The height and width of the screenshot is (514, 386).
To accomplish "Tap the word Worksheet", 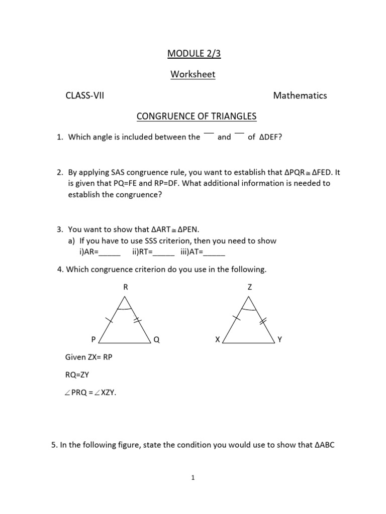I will pos(193,74).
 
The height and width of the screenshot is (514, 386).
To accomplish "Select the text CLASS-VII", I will pos(84,95).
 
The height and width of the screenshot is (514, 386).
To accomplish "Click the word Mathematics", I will pos(300,95).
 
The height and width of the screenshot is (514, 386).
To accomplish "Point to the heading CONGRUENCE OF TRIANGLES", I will pos(197,117).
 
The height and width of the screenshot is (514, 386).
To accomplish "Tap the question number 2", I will pos(59,172).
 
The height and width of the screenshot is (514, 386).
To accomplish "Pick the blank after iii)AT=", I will pos(215,253).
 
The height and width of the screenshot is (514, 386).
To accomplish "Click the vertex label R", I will pos(126,287).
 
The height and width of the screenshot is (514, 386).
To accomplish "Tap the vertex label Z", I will pos(249,287).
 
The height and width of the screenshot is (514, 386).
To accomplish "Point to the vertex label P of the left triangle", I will pos(93,339).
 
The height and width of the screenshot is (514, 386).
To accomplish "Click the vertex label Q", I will pos(157,339).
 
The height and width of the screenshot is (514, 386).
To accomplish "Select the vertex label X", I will pos(217,339).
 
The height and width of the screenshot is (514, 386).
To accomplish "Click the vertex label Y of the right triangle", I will pos(280,339).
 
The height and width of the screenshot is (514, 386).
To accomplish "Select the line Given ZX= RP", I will pos(92,357).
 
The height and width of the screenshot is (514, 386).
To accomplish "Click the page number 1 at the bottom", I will pos(193,478).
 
